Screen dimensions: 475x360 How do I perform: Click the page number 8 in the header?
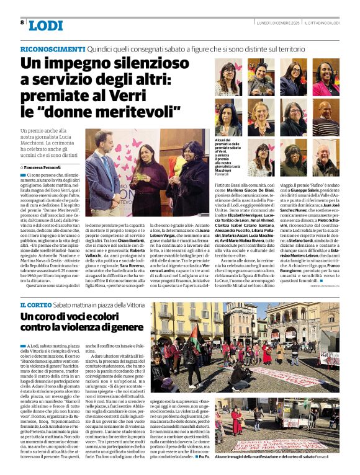[x=22, y=22]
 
